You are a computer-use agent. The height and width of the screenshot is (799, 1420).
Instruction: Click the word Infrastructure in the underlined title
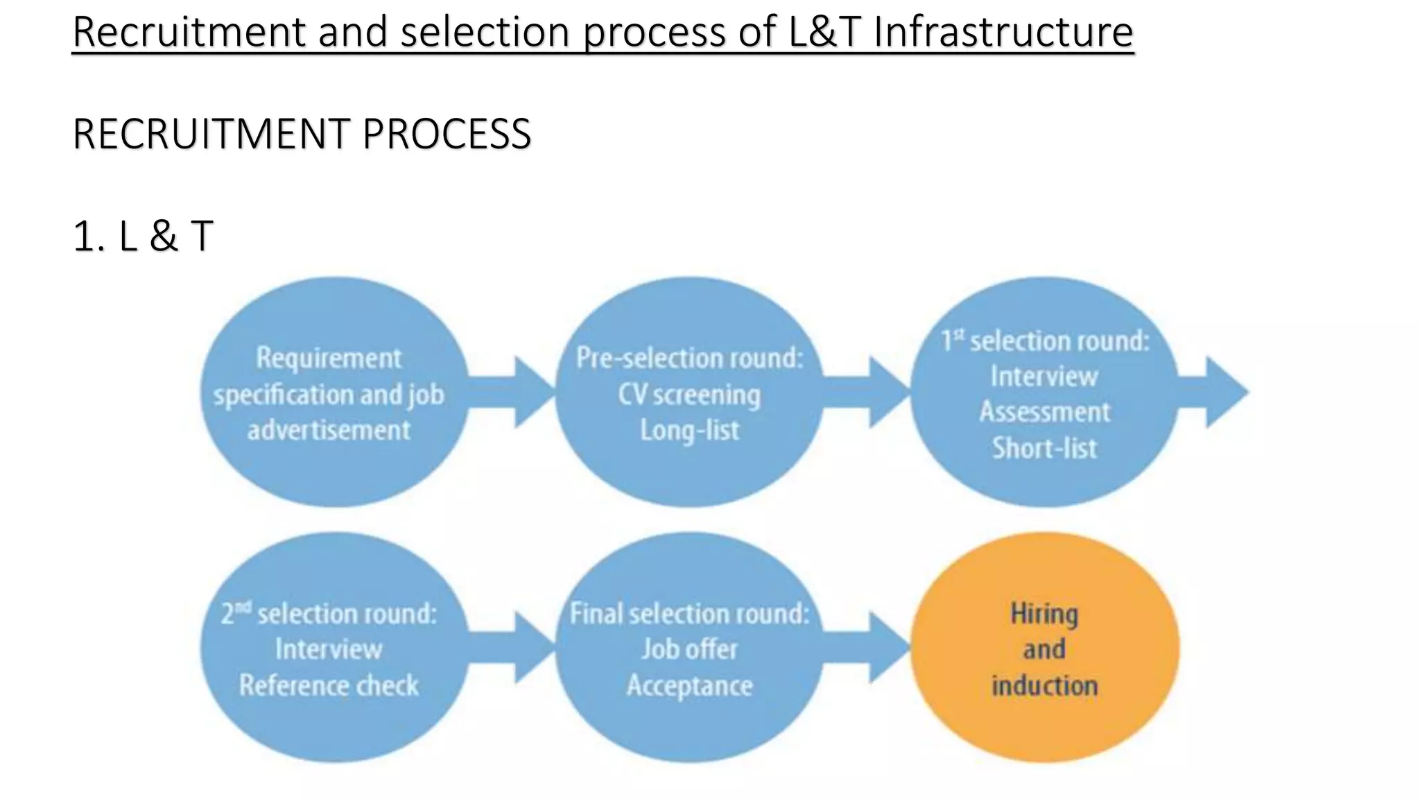1003,32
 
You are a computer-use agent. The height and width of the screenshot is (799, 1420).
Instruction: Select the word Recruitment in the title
189,32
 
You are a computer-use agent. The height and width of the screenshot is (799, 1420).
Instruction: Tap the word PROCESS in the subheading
447,134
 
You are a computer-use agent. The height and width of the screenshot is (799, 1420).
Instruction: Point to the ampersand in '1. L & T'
163,236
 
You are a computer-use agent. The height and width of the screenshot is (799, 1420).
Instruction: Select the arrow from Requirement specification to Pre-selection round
513,392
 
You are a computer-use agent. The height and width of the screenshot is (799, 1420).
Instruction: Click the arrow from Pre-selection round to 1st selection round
868,392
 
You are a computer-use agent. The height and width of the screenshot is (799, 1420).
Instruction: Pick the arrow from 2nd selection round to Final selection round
513,648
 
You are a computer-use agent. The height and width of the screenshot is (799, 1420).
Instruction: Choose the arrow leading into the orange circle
868,648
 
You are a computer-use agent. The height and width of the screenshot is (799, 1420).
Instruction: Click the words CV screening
689,395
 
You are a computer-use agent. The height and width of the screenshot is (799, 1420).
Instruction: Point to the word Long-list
689,431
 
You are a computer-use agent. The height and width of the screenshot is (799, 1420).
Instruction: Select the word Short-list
1044,448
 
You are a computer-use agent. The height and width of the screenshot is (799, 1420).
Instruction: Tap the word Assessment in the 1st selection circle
1044,412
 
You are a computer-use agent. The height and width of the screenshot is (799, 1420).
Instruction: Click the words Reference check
329,685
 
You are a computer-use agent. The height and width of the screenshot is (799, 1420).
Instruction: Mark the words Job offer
689,649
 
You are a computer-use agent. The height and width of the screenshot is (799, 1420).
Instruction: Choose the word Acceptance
689,685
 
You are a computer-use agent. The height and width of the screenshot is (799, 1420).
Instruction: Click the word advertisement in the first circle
329,431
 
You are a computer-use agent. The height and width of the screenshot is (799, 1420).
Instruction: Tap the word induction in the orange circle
1044,685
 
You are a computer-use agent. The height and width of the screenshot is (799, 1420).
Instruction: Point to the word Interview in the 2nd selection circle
329,649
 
